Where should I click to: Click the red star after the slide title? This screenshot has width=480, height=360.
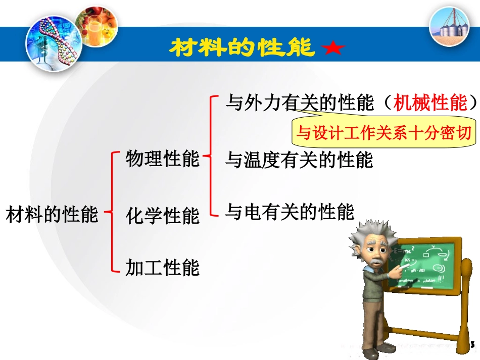(x=332, y=48)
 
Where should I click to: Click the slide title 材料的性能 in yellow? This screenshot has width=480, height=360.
(x=242, y=48)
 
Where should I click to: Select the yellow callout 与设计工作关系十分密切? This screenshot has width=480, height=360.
(x=383, y=133)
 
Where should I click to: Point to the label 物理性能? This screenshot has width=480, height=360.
(x=163, y=159)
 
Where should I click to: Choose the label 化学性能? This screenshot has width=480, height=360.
(x=163, y=216)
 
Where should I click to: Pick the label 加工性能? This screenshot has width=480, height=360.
(x=163, y=267)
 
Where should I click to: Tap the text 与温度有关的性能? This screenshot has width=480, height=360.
(x=299, y=160)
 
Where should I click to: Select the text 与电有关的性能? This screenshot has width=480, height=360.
(x=290, y=212)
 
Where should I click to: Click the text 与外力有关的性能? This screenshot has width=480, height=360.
(x=299, y=103)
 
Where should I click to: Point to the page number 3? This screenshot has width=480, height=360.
(x=472, y=344)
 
